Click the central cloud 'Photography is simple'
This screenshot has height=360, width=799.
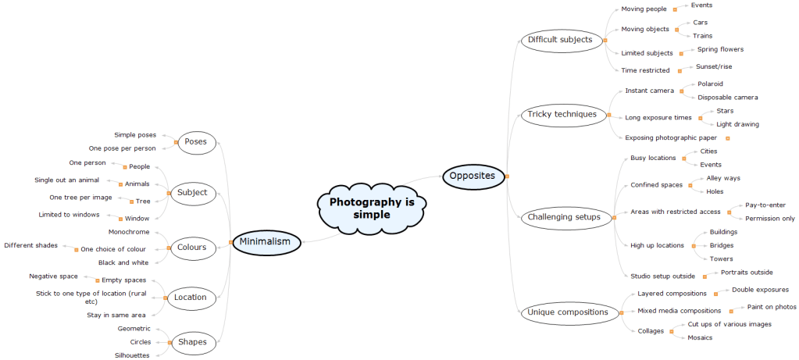(371, 208)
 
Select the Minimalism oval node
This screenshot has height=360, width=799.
(265, 242)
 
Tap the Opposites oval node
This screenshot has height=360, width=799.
(472, 176)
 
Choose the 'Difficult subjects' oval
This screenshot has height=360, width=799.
(560, 40)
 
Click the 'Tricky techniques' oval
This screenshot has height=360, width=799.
(562, 115)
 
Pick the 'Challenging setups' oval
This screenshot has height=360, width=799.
(563, 217)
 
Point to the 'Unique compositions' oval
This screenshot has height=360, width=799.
(567, 312)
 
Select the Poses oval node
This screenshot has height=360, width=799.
(195, 142)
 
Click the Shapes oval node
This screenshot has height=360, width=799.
(192, 342)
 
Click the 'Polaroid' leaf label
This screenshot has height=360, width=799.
(710, 84)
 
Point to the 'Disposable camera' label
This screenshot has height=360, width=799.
(727, 98)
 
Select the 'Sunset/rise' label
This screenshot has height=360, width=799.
(714, 67)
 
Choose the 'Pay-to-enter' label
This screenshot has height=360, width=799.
(765, 205)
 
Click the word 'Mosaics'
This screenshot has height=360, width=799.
(701, 337)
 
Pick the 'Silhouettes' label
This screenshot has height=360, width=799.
(133, 355)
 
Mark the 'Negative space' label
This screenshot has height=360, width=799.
(54, 276)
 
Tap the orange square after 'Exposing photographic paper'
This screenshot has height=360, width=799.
(727, 138)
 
